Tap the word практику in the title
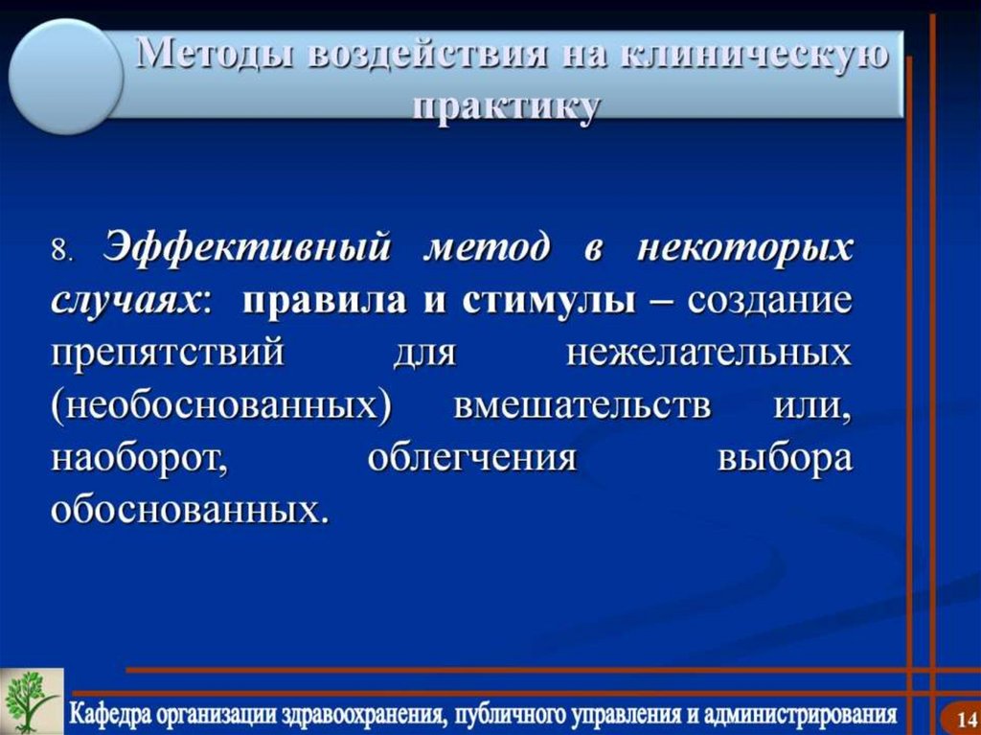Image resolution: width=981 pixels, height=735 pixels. point(506,104)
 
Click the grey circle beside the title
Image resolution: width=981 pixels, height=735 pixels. point(65,77)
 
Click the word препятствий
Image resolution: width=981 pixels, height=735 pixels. point(168,353)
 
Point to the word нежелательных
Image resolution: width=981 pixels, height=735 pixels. point(708,353)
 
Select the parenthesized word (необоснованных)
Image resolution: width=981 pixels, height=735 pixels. point(222,404)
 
